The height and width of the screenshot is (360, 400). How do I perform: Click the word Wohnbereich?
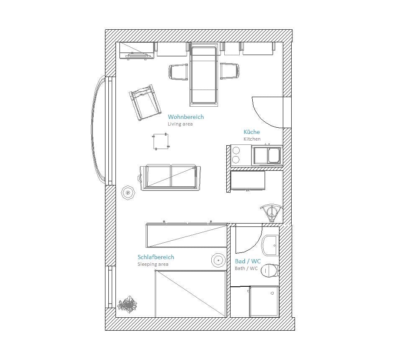[x=186, y=117]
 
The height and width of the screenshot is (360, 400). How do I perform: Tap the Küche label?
[x=251, y=132]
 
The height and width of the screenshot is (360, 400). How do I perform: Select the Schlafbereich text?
[x=156, y=257]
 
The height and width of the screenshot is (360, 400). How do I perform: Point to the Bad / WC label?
[x=248, y=261]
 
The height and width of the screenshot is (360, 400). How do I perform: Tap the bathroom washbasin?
[x=270, y=245]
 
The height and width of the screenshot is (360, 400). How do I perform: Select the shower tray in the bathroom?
[x=264, y=301]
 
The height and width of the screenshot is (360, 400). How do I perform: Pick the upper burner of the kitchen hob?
[x=236, y=151]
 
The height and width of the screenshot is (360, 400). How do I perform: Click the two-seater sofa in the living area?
[x=170, y=177]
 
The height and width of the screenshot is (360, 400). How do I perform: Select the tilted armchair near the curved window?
[x=145, y=102]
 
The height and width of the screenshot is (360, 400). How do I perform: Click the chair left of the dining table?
[x=178, y=72]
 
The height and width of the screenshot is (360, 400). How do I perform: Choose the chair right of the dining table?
[x=230, y=71]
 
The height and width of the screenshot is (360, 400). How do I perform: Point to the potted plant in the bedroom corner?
[x=127, y=304]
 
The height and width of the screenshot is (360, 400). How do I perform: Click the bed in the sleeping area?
[x=191, y=294]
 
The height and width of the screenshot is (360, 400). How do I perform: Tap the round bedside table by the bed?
[x=218, y=260]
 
